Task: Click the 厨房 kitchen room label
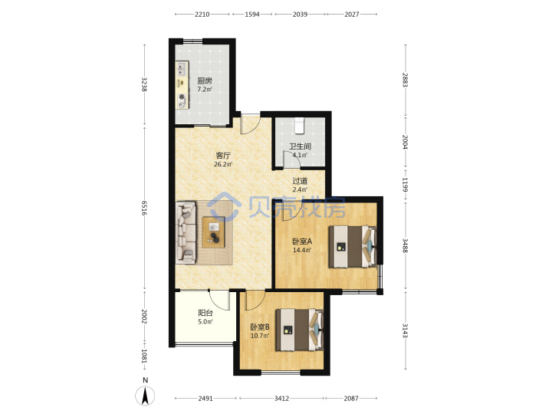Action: (x=205, y=80)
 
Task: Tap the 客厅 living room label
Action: (x=223, y=155)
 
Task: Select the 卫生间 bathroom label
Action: (x=300, y=146)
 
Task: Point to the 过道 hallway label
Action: (x=300, y=181)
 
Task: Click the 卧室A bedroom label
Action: (x=302, y=242)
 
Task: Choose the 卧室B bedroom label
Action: (x=260, y=327)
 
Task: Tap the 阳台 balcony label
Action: (x=205, y=313)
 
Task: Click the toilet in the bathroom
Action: (x=299, y=126)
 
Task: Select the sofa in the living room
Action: (x=186, y=233)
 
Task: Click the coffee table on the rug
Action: (x=213, y=232)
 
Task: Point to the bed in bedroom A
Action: (x=353, y=247)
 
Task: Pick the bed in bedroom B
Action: (x=299, y=330)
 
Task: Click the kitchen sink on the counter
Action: (x=182, y=69)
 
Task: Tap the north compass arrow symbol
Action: (x=145, y=396)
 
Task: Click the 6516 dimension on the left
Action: (x=144, y=208)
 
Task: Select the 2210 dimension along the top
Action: (x=202, y=14)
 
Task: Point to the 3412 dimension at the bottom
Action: (x=281, y=398)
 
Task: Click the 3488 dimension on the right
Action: (x=406, y=245)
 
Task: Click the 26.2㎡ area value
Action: (x=223, y=164)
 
